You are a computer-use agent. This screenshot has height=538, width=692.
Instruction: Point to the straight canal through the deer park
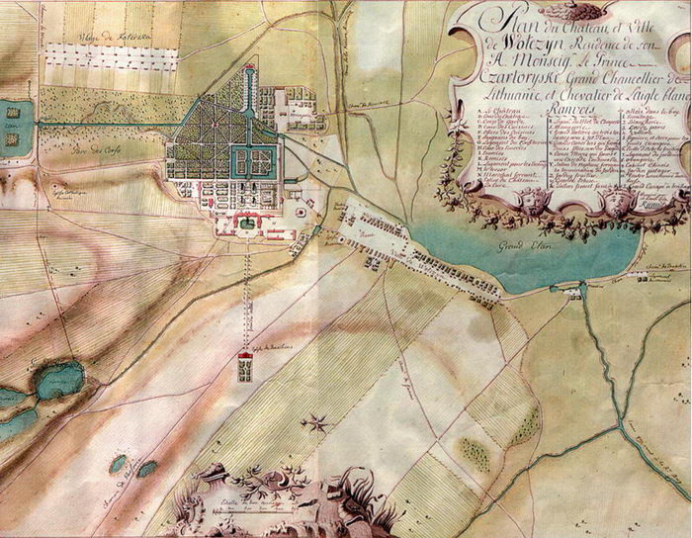pos(109,124)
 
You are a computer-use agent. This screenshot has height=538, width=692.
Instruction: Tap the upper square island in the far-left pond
pos(12,111)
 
